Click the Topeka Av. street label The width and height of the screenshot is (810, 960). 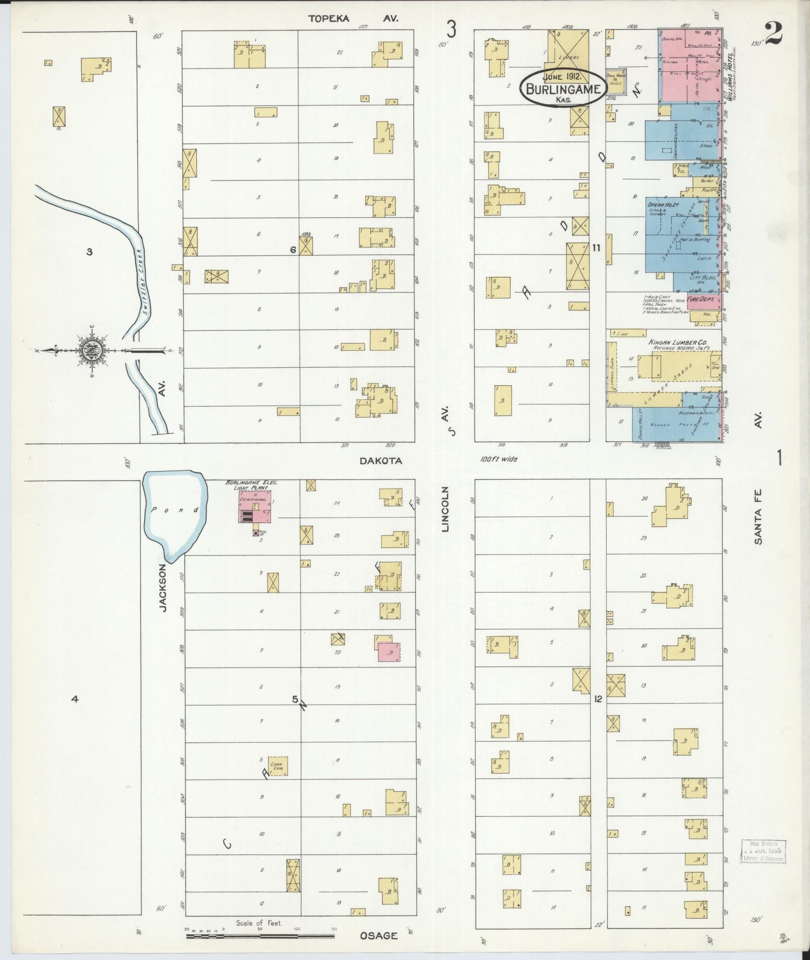[x=353, y=19]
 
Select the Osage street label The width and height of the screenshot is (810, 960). [x=379, y=935]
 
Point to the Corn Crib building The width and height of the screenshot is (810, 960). [x=277, y=780]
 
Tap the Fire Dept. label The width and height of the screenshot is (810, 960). [x=701, y=298]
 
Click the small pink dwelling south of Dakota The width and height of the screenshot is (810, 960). [x=388, y=651]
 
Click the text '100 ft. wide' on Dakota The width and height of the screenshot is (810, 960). [x=499, y=459]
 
